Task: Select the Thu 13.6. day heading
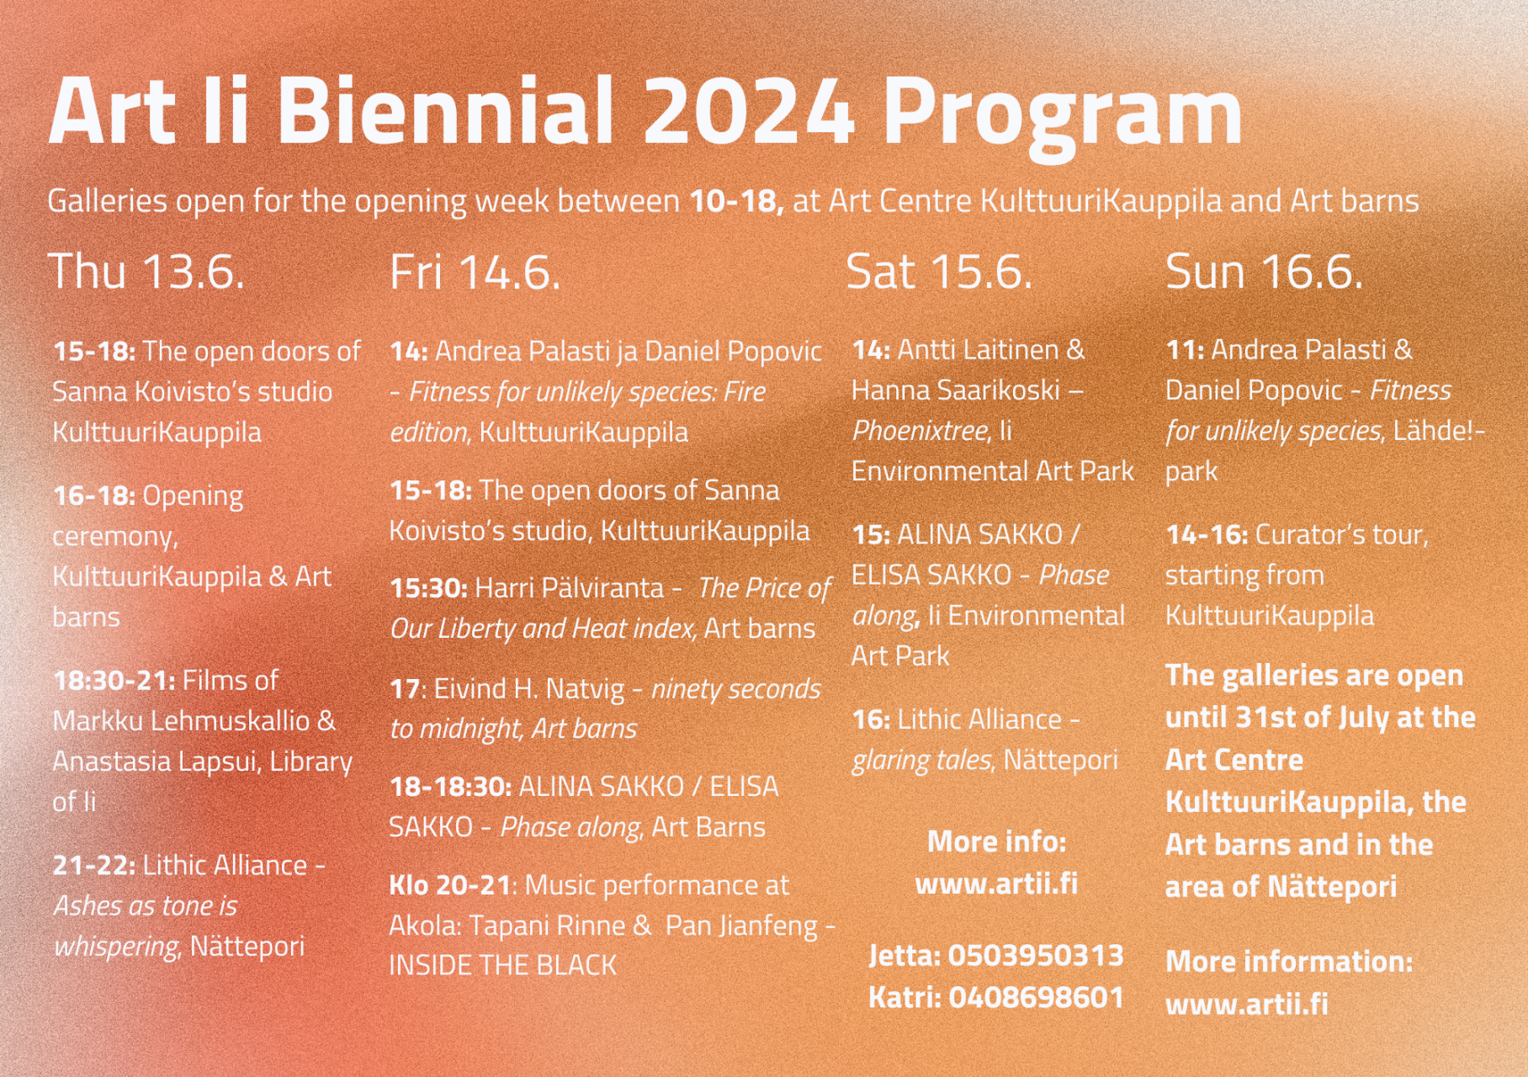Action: pyautogui.click(x=147, y=272)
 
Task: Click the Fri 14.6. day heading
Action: pyautogui.click(x=475, y=273)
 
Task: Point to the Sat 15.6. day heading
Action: pyautogui.click(x=939, y=272)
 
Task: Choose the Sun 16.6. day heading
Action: pyautogui.click(x=1264, y=272)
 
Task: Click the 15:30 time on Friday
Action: pyautogui.click(x=429, y=588)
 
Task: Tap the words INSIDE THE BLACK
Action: pyautogui.click(x=503, y=965)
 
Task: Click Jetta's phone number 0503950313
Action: pyautogui.click(x=1036, y=956)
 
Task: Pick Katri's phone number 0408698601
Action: pyautogui.click(x=1037, y=998)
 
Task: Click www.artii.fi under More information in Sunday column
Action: pyautogui.click(x=1247, y=1004)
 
